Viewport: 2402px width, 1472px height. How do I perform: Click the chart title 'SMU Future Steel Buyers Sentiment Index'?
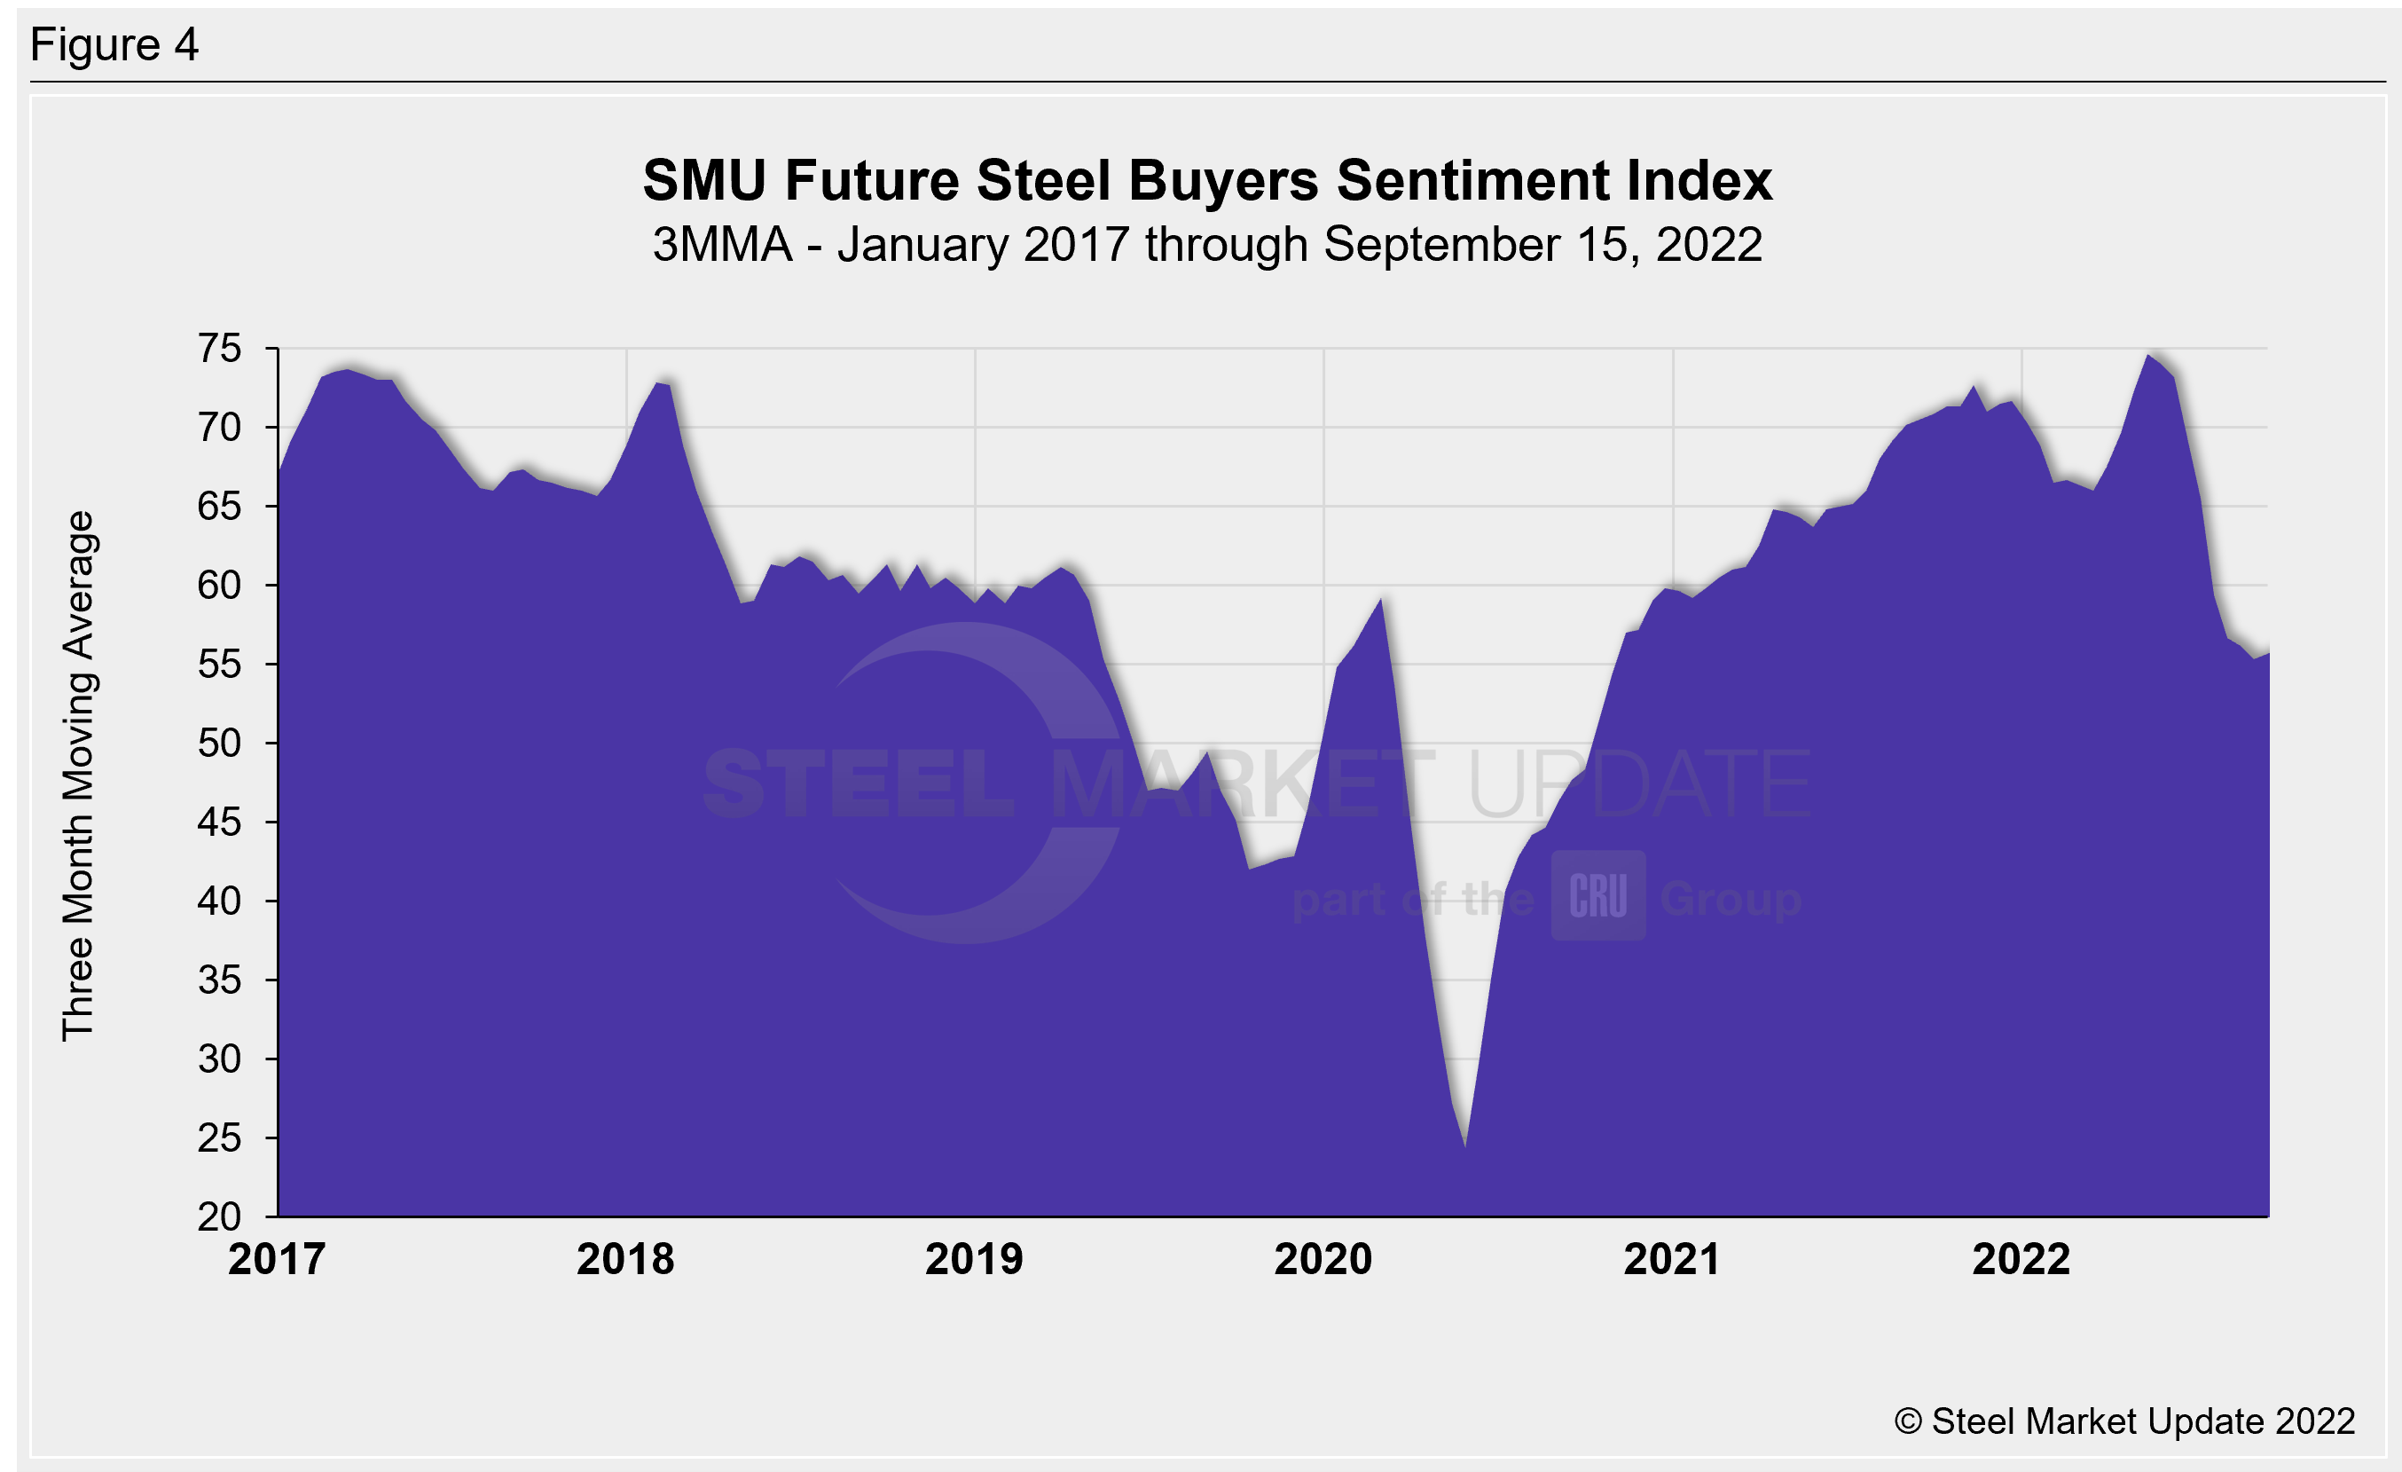1207,181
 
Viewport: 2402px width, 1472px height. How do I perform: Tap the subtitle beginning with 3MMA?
1207,245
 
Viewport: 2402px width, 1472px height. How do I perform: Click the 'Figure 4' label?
114,45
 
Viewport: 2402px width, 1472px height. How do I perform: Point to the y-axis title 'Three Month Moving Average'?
78,776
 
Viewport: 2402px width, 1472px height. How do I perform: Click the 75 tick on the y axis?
219,349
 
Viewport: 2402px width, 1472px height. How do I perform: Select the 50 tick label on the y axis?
219,744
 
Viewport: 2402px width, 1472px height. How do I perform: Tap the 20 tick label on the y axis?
219,1216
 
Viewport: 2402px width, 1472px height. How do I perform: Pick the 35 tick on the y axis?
219,980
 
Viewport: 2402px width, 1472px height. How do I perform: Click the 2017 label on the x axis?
277,1259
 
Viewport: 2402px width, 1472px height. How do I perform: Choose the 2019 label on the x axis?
974,1259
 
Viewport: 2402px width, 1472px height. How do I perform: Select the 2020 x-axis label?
1323,1259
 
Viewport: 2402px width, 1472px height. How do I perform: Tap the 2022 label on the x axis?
2021,1259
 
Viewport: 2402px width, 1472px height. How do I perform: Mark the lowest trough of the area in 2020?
1465,1145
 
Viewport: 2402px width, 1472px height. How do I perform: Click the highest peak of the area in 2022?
2147,356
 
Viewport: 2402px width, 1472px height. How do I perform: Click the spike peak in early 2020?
1381,600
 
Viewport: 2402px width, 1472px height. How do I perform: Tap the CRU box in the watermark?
1598,895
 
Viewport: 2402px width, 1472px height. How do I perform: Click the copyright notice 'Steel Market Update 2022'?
2124,1421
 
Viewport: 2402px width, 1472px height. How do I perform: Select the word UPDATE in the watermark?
1638,783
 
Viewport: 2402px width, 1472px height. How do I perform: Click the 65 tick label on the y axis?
219,507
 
